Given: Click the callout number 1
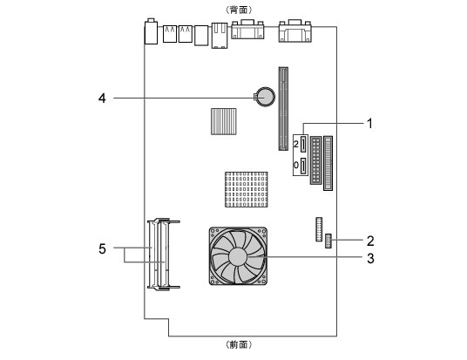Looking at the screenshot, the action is pos(369,124).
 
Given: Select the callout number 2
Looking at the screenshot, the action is pos(370,241).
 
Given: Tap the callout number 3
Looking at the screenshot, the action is pos(370,258).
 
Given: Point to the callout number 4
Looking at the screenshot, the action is pos(102,98).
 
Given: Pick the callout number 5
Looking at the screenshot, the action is pos(102,248).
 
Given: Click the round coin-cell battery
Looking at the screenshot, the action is pos(265,97).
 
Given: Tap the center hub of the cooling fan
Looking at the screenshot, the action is pos(238,256).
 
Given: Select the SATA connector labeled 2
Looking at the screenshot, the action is pos(303,144).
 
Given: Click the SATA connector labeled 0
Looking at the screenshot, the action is pos(303,166).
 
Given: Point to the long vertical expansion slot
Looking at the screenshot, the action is pos(283,108).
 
